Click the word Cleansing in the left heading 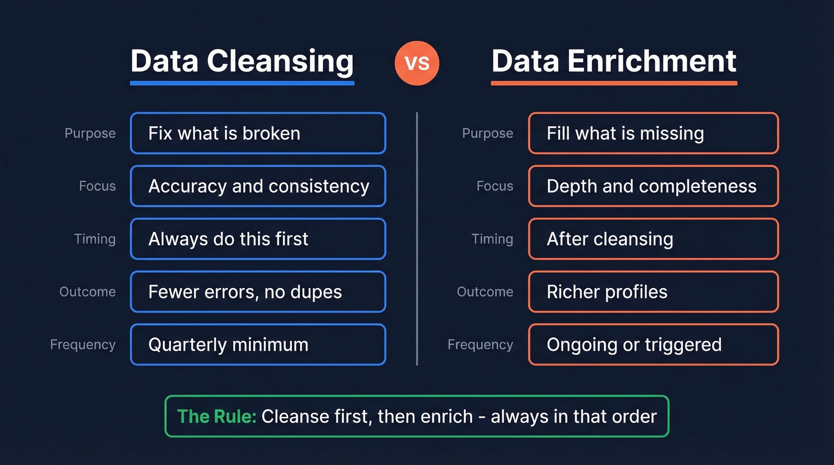point(280,61)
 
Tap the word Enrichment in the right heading point(652,61)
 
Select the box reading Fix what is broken point(258,133)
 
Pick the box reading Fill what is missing point(653,133)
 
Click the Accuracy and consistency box point(258,186)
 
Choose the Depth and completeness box point(653,186)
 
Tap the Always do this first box point(258,239)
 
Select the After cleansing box point(653,239)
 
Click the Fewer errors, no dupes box point(258,292)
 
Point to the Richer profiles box point(653,292)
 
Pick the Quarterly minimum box point(258,344)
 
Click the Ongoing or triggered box point(653,344)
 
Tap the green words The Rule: point(217,416)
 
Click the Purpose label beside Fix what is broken point(90,133)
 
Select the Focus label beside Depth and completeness point(494,186)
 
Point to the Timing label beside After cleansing point(492,239)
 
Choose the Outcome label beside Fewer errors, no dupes point(87,292)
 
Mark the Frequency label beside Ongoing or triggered point(480,344)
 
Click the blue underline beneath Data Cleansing point(242,83)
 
